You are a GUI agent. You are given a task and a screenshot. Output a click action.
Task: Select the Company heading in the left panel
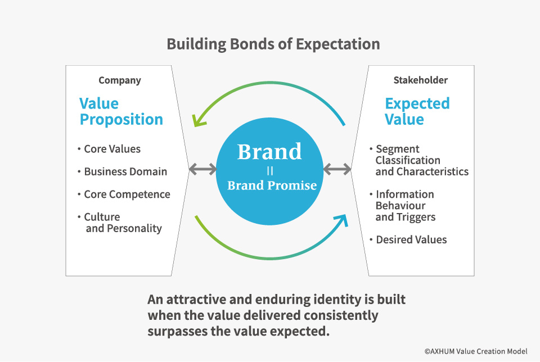click(x=119, y=80)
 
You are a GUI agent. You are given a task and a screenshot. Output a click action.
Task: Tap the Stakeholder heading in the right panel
click(x=420, y=80)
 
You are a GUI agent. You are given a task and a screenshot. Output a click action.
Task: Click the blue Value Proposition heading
click(x=121, y=111)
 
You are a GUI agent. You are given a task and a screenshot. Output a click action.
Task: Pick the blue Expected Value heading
click(x=417, y=111)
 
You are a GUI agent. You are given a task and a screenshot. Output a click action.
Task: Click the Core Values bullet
click(x=112, y=149)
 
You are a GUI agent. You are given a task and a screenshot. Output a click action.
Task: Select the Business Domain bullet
click(x=125, y=172)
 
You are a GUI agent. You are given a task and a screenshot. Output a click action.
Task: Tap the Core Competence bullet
click(x=127, y=194)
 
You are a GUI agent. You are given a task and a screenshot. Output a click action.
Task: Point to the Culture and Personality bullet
click(x=122, y=223)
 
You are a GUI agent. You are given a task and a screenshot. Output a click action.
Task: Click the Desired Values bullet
click(x=411, y=239)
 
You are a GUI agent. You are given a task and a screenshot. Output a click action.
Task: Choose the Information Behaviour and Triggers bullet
click(x=405, y=206)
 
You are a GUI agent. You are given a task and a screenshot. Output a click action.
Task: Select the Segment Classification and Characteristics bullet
click(x=421, y=160)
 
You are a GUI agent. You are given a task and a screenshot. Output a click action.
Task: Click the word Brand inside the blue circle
click(x=269, y=152)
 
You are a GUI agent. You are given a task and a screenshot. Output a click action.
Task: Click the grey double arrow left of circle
click(x=203, y=168)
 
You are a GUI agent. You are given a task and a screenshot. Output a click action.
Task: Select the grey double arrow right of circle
click(x=337, y=168)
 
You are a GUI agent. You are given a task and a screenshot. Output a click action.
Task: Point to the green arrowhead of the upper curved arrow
click(x=197, y=120)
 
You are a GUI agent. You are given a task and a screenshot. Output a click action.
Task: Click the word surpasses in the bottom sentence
click(x=179, y=331)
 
